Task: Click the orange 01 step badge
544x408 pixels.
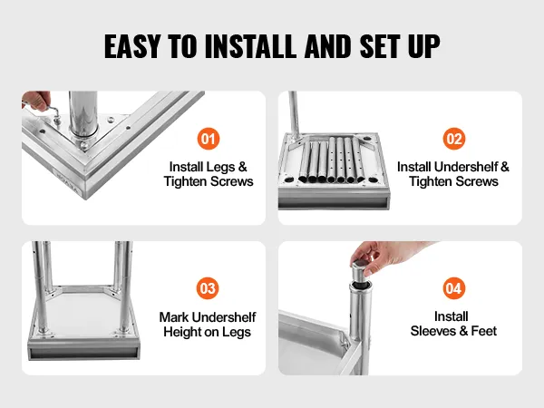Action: tap(209, 139)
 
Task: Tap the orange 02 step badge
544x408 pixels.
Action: tap(454, 139)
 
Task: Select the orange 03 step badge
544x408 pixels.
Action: tap(208, 288)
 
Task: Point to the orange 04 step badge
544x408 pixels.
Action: tap(454, 288)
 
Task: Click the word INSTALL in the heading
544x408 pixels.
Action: tap(251, 46)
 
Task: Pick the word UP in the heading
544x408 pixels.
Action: tap(424, 46)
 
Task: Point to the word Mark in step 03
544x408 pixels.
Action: tap(174, 317)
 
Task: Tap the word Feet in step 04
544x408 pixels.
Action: tap(484, 331)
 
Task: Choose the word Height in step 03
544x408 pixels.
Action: tap(182, 332)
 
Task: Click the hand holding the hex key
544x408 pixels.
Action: tap(35, 100)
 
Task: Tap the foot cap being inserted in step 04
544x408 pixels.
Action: tap(361, 270)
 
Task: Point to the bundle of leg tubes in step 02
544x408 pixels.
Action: tap(332, 160)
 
